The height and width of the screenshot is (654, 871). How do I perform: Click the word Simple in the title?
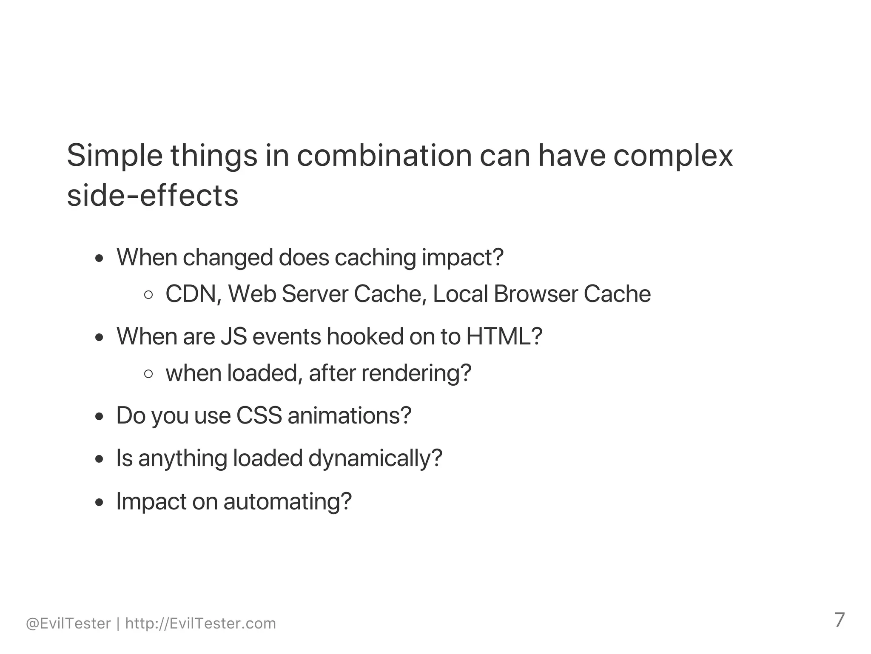114,156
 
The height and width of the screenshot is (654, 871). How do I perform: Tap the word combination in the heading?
384,155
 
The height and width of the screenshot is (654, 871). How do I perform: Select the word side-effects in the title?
153,196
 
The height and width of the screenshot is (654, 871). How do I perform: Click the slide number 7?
839,620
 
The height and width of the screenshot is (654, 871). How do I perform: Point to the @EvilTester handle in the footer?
68,624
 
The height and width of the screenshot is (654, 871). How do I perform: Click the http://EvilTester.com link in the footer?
201,624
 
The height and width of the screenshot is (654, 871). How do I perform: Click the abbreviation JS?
234,336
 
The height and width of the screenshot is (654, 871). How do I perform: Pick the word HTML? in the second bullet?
504,336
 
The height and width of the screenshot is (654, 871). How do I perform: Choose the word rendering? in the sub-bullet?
416,373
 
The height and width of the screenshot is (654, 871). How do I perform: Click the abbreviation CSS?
259,415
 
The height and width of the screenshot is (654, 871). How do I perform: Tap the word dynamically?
375,458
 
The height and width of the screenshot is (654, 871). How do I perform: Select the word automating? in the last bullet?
287,501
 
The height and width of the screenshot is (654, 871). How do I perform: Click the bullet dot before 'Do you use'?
100,416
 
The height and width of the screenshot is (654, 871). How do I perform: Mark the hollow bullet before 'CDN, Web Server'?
148,295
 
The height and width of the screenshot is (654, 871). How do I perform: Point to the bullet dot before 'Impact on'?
100,502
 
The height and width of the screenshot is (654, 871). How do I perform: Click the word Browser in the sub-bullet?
535,294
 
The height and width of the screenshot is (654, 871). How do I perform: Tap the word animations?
350,415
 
